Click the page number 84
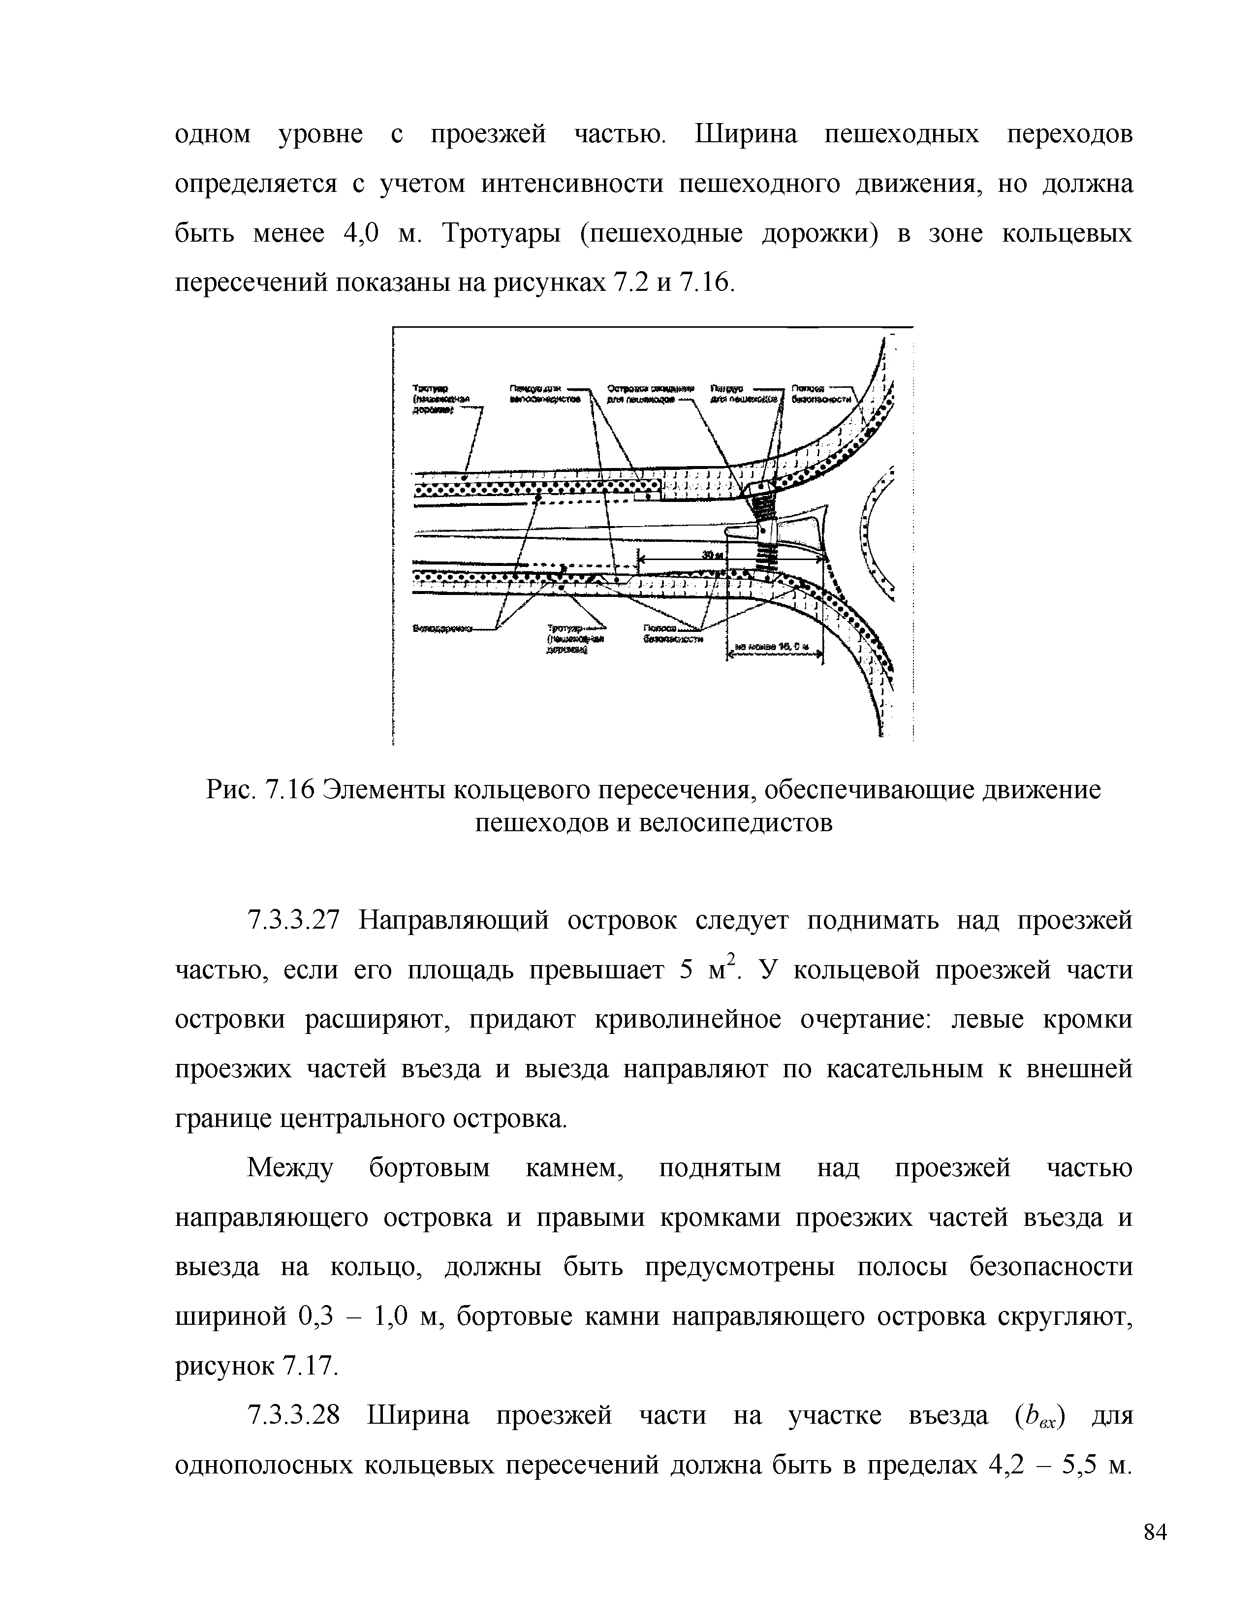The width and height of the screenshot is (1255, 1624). click(x=1155, y=1533)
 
